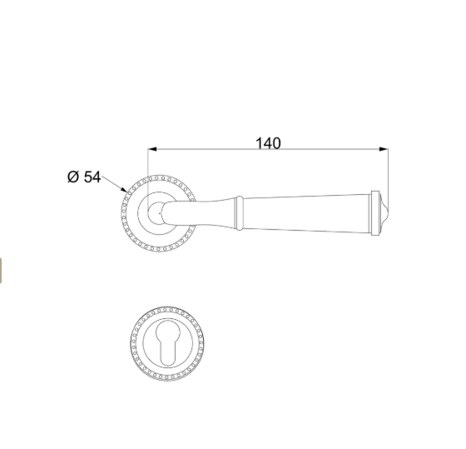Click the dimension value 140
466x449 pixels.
tap(268, 143)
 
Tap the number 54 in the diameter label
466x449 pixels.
tap(92, 177)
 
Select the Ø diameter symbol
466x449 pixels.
tap(73, 177)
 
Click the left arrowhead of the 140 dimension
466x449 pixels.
tap(152, 149)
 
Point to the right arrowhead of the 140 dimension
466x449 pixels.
tap(384, 149)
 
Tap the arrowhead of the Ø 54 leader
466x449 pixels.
tap(124, 190)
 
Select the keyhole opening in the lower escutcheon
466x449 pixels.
tap(167, 342)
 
